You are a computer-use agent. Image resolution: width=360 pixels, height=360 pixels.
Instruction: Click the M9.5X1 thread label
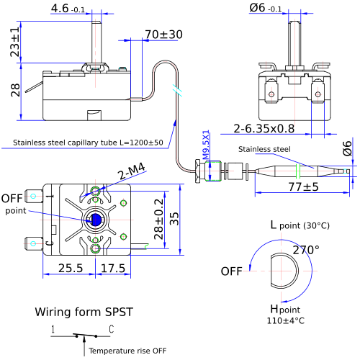(x=206, y=145)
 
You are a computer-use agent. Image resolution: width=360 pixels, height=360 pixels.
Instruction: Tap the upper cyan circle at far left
(x=33, y=196)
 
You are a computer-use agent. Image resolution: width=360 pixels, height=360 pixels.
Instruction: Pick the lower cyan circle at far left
(x=33, y=243)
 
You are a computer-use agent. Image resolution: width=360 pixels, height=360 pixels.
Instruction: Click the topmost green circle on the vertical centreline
(x=95, y=191)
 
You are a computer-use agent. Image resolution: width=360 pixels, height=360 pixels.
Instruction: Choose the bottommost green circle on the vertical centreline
(x=95, y=248)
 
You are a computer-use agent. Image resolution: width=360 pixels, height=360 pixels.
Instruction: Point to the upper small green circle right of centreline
(x=123, y=203)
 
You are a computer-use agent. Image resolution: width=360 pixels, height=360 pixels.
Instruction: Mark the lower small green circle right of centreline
(x=123, y=236)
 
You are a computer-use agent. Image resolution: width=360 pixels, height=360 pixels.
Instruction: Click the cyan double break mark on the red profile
(x=177, y=90)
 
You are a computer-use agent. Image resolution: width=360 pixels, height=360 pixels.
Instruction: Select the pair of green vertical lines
(x=298, y=171)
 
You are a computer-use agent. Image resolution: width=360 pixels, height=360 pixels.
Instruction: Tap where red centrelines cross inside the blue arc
(x=281, y=271)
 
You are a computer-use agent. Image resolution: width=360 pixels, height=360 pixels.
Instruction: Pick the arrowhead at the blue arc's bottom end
(x=284, y=302)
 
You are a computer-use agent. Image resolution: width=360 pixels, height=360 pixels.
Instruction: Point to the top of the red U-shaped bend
(x=165, y=63)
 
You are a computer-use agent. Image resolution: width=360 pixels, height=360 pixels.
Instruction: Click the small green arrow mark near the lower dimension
(x=146, y=247)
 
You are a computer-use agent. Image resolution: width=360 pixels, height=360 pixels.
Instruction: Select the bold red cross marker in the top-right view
(x=271, y=94)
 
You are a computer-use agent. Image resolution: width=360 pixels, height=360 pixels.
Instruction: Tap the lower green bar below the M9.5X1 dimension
(x=213, y=179)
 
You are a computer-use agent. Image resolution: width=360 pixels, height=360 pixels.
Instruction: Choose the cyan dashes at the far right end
(x=346, y=171)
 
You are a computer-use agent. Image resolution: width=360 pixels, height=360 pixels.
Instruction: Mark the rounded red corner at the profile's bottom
(x=182, y=166)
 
